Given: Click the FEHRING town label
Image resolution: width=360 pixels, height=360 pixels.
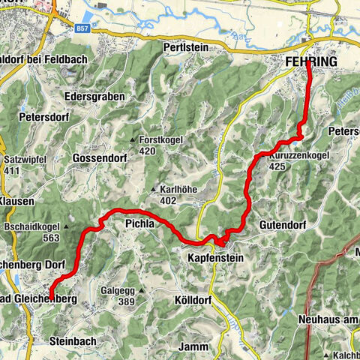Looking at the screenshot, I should [x=311, y=61].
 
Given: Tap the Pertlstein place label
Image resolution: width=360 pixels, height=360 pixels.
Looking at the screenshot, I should [x=184, y=46].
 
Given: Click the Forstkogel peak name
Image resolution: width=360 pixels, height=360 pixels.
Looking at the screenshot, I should [x=161, y=139].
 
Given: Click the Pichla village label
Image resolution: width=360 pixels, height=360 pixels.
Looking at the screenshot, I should [x=140, y=223].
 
